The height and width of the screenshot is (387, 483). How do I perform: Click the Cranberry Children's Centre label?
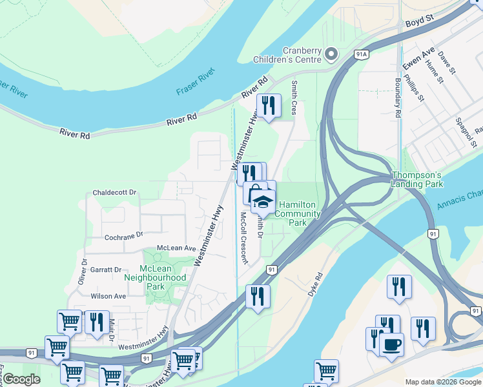302,55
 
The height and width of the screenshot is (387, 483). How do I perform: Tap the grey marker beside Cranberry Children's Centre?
331,54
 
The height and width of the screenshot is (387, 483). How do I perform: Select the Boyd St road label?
418,23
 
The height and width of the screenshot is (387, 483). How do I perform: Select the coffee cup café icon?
391,344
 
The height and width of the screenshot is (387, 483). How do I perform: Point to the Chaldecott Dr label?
115,192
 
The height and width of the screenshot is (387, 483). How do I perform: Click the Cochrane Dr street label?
114,236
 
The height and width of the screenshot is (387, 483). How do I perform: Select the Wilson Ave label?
108,296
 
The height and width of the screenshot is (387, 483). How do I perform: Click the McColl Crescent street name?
243,238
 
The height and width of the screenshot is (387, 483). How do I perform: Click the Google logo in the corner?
21,379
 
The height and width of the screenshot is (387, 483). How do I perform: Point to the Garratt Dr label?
106,270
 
